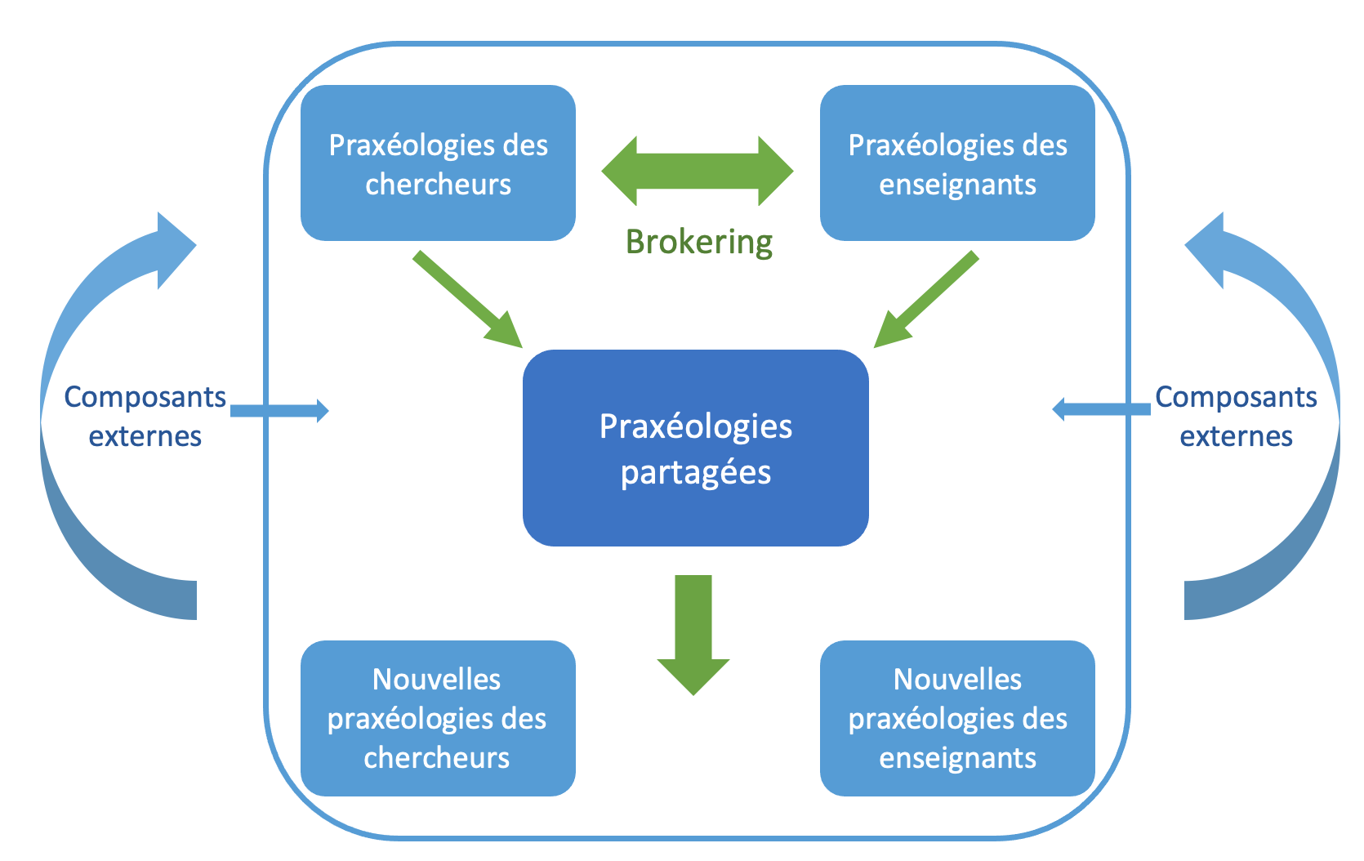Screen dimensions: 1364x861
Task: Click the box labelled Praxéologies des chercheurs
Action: [x=438, y=163]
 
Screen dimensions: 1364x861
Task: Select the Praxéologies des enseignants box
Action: [x=957, y=163]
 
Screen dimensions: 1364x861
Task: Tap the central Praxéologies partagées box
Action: [x=695, y=448]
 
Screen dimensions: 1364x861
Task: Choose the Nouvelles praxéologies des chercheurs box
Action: [x=438, y=718]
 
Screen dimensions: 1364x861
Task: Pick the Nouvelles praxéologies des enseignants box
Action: [x=957, y=718]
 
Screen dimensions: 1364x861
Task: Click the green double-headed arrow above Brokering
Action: [x=698, y=171]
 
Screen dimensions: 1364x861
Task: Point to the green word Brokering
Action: [x=699, y=243]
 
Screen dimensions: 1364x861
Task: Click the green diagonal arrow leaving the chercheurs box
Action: [x=468, y=299]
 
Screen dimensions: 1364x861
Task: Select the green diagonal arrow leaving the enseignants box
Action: [x=926, y=299]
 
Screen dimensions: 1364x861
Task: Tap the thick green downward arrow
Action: [x=693, y=635]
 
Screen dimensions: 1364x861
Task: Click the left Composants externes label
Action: [x=145, y=417]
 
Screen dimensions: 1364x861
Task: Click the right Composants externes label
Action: [x=1236, y=417]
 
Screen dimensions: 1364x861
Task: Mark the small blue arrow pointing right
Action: [x=279, y=411]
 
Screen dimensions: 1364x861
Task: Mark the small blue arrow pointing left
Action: [x=1102, y=409]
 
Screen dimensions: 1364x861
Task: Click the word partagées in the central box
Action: [x=695, y=474]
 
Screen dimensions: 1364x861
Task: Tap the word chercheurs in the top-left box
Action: [x=438, y=184]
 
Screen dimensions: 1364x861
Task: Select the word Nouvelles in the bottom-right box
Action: [x=957, y=679]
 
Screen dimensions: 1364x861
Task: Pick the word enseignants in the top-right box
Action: [x=957, y=185]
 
